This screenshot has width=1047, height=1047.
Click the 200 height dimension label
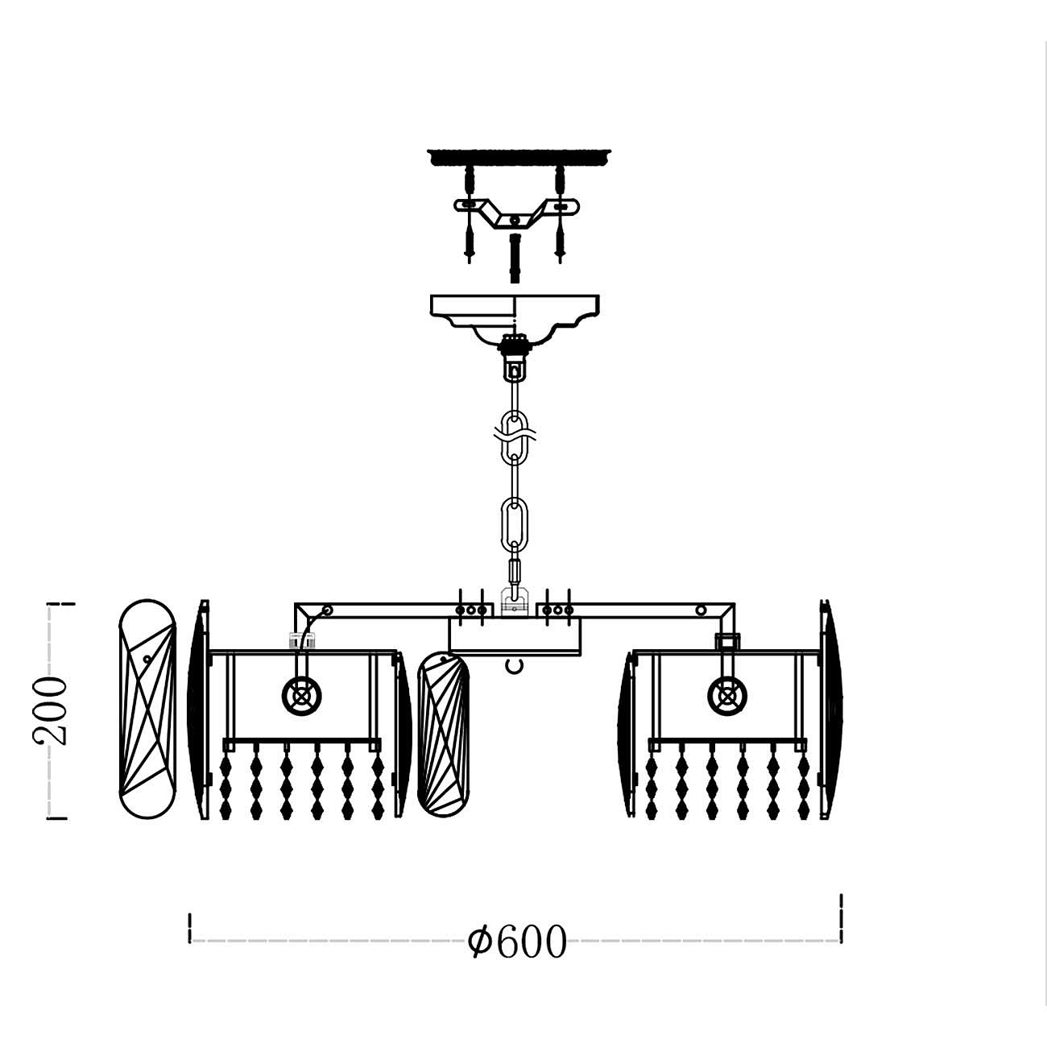[51, 710]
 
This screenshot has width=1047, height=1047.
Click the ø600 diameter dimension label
[517, 941]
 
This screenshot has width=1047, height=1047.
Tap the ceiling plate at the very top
[519, 156]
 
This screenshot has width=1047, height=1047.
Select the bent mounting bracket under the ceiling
[517, 213]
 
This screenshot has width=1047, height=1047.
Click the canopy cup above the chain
[515, 320]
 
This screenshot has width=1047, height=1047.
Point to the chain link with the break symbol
[515, 435]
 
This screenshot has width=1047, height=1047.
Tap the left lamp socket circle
[301, 696]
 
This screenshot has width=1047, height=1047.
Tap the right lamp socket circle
[727, 696]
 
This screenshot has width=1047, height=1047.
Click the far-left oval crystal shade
[147, 709]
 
